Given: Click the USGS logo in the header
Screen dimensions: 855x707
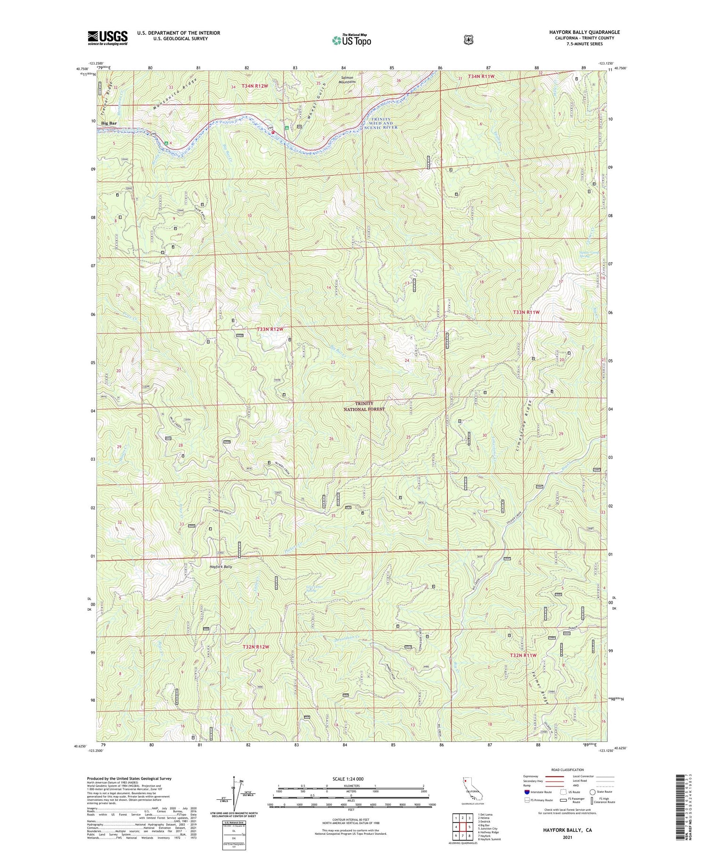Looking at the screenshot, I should [107, 38].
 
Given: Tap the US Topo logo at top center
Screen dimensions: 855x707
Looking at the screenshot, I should [351, 40].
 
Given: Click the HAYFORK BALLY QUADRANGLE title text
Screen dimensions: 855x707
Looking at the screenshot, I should [584, 32].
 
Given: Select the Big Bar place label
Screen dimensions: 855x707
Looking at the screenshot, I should [109, 123].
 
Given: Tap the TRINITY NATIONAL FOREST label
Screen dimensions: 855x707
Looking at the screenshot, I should [363, 406].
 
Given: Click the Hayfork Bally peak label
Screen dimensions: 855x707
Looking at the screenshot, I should [221, 566].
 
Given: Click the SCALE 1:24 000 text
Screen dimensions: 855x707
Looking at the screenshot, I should [346, 779].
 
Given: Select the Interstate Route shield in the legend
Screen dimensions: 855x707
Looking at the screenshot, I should [526, 792].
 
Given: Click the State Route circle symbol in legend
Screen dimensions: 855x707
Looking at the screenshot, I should [592, 792].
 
